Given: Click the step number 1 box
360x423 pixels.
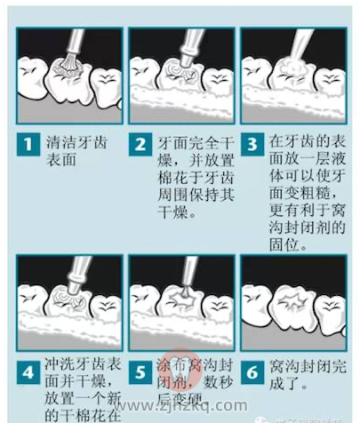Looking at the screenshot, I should point(28,142).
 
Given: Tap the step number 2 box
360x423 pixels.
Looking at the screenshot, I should point(140,142).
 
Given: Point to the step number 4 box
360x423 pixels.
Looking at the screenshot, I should point(28,370).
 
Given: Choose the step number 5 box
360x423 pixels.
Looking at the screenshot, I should point(140,370).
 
